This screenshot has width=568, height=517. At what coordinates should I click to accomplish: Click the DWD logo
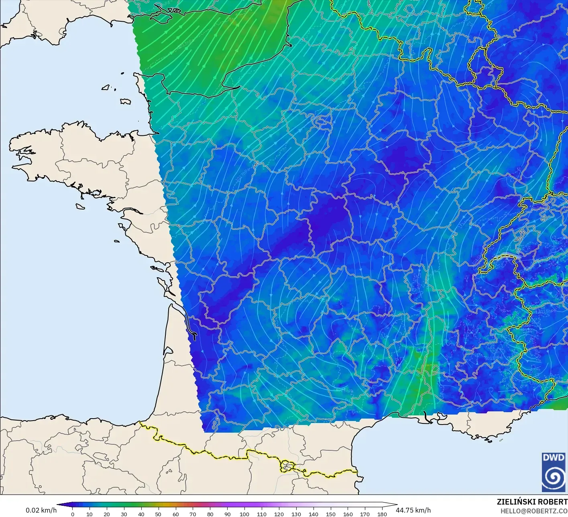click(554, 472)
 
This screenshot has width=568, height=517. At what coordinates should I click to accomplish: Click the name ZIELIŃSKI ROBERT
click(532, 502)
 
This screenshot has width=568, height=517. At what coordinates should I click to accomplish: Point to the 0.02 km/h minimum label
click(41, 510)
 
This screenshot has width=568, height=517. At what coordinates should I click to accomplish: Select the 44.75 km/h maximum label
click(413, 510)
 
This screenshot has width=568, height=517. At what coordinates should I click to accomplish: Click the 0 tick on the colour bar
click(72, 514)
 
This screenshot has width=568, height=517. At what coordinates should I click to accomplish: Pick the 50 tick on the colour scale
click(158, 514)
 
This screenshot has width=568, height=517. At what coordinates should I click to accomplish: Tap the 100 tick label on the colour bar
click(244, 514)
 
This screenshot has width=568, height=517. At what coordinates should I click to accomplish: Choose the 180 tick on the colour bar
click(382, 514)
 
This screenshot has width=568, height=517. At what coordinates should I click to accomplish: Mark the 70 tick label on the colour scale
click(193, 514)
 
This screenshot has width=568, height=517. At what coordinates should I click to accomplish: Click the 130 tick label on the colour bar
click(296, 514)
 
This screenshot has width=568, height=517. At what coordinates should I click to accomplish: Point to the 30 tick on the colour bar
click(124, 514)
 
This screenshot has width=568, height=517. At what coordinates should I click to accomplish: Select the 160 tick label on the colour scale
click(348, 514)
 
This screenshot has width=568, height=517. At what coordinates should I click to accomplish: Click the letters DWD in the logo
click(554, 458)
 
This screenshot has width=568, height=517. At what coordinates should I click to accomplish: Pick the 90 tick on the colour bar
click(227, 514)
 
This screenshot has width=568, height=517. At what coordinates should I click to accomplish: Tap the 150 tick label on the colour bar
click(330, 514)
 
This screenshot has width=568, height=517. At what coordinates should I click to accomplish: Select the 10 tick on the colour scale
click(90, 514)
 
